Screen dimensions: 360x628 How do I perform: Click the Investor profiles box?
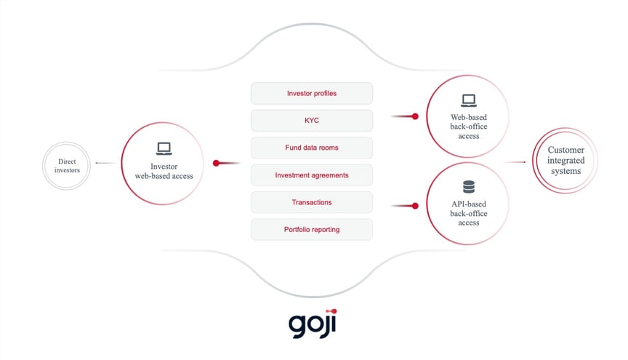point(311,93)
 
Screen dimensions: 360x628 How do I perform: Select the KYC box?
point(311,120)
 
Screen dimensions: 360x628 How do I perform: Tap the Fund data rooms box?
point(311,148)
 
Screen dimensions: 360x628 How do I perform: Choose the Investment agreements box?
point(311,175)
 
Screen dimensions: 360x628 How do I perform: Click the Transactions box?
point(311,202)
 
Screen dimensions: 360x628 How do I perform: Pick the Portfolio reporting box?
point(311,230)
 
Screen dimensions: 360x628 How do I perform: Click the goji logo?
point(314,324)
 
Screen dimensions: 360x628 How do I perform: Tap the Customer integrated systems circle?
point(565,161)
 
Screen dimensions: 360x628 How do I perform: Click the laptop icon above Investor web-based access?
point(164,149)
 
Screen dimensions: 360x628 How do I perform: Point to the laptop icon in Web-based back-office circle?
point(468,100)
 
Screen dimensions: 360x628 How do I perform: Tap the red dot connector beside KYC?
point(415,116)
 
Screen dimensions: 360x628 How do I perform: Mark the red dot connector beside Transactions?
point(415,206)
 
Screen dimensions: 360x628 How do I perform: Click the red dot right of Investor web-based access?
point(216,163)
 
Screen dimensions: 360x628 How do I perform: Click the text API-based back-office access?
point(469,213)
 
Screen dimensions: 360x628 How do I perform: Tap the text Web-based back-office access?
point(469,125)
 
